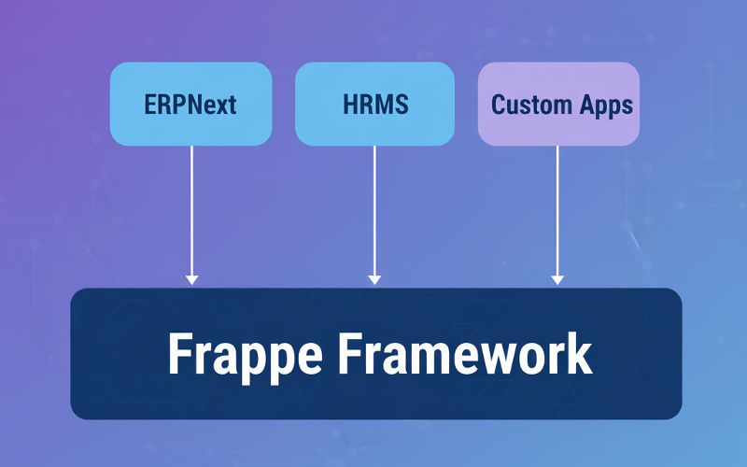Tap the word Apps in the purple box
[604, 105]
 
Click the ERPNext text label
[190, 104]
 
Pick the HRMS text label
[374, 104]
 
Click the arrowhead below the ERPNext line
[191, 278]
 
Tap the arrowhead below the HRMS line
[374, 278]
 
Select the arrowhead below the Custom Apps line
[557, 278]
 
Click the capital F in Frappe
[178, 353]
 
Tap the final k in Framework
[580, 353]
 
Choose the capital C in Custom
[499, 104]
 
